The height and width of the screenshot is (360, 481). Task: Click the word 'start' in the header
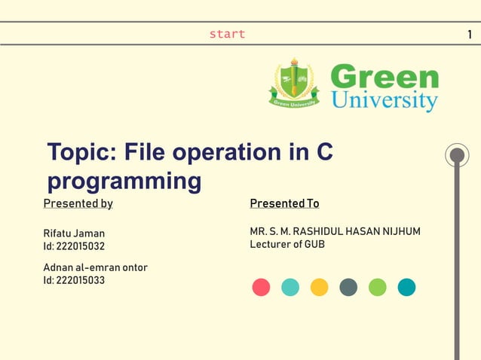point(227,34)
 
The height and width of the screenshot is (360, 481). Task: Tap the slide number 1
point(470,34)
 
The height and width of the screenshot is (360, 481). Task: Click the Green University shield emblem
point(294,84)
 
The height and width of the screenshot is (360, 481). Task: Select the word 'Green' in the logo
point(384,77)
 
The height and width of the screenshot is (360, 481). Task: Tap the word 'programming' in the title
point(124,182)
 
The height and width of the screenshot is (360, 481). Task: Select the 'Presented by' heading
point(78,203)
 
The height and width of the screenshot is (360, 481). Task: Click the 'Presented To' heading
point(284,203)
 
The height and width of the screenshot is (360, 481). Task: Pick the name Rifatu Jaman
point(74,233)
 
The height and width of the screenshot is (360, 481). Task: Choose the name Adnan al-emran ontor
point(95,267)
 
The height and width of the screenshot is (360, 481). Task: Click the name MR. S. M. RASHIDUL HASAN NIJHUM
point(335,231)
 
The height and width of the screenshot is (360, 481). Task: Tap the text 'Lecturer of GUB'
point(287,244)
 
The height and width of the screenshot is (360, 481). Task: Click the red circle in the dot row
point(261,287)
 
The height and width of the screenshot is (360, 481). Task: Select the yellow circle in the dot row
point(319,287)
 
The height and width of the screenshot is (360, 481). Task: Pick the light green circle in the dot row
point(377,287)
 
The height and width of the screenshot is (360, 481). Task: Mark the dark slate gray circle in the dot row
point(348,287)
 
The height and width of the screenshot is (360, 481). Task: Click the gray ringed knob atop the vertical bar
point(456,156)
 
